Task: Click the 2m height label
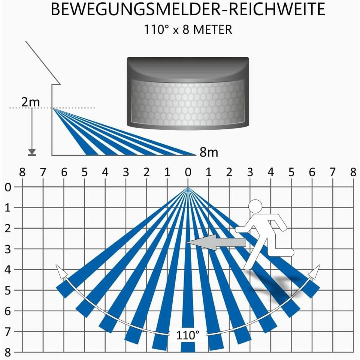tap(31, 102)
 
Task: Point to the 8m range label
tap(209, 152)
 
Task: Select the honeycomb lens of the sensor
tap(188, 103)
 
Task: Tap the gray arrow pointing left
tap(216, 242)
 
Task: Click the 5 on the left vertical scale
tap(8, 290)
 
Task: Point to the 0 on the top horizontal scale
tap(188, 172)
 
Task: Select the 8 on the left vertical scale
tap(8, 352)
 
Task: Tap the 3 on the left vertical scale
tap(8, 249)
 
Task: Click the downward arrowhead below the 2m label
tap(32, 151)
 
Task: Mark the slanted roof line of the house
tap(43, 63)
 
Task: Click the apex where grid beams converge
tap(188, 187)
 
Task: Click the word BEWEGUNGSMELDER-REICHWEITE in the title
tap(188, 9)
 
